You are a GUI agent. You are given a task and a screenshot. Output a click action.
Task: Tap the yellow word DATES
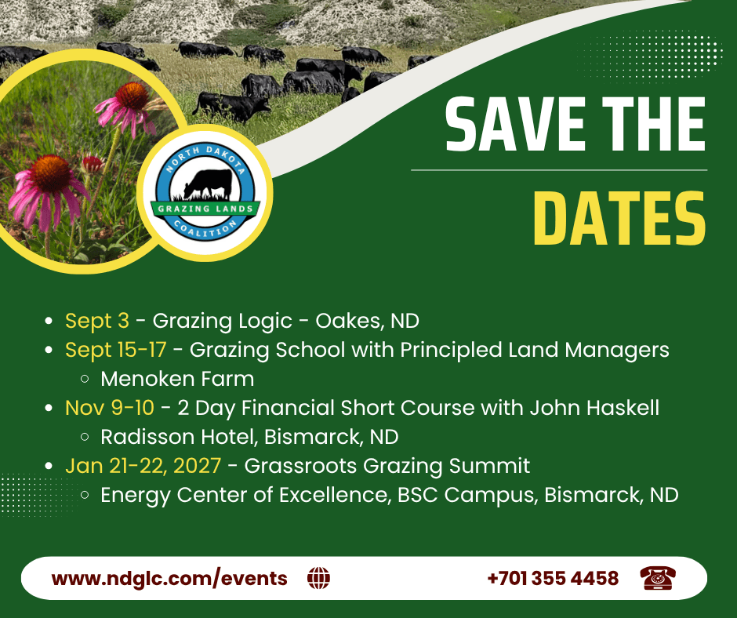tap(619, 219)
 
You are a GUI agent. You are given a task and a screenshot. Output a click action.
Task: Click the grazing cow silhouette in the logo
tap(208, 184)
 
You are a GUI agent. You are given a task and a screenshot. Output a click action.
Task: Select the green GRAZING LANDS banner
tap(205, 209)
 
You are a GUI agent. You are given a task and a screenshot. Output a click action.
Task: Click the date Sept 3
tap(96, 322)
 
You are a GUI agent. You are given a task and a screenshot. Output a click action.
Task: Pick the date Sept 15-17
tap(115, 351)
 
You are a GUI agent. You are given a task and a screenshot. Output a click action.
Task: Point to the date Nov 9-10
tap(110, 408)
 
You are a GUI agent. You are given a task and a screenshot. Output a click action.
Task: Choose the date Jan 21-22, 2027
tap(143, 466)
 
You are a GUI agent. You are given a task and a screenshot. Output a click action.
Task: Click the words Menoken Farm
tap(177, 379)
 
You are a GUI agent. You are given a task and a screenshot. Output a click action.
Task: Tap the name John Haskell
tap(594, 408)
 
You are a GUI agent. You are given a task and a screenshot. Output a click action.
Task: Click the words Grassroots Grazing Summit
tap(387, 467)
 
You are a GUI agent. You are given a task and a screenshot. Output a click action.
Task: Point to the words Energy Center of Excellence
tap(246, 495)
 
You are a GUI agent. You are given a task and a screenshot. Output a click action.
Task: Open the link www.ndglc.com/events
tap(169, 579)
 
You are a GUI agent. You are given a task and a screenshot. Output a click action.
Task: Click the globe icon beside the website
tap(318, 578)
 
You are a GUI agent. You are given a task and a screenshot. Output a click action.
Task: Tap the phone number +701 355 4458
tap(554, 579)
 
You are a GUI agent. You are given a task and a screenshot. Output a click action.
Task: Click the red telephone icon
tap(658, 578)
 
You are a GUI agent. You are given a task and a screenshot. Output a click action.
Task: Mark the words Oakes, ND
tap(367, 322)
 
